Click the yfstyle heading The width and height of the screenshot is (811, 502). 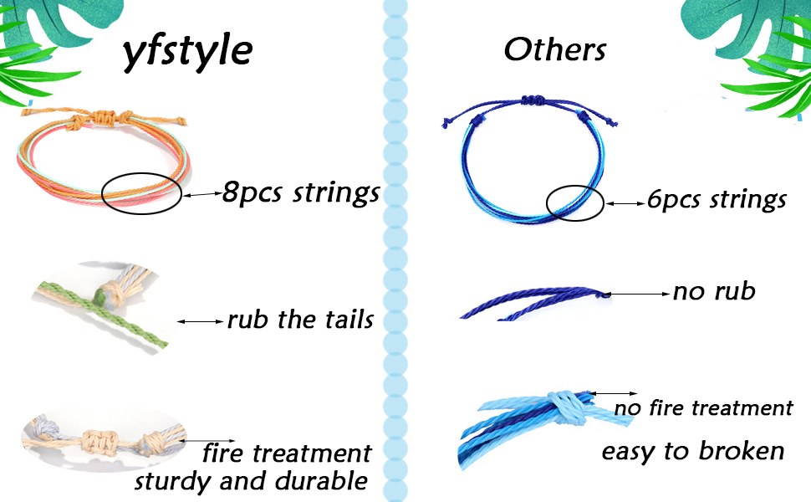(x=187, y=52)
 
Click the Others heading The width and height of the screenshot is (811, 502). (x=554, y=50)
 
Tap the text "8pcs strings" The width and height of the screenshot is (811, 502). (x=301, y=193)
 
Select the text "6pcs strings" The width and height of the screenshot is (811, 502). (x=717, y=201)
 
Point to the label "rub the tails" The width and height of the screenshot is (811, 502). (x=300, y=320)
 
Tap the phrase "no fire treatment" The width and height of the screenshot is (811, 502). (x=703, y=408)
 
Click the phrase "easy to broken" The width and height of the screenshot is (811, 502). (x=693, y=452)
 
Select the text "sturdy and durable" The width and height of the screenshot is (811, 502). (x=251, y=481)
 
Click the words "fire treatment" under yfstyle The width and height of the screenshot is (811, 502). (x=287, y=453)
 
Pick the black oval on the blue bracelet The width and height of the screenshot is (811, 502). (x=575, y=203)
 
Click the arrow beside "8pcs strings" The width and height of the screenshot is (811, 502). (x=201, y=194)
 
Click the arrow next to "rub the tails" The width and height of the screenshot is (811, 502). (x=201, y=320)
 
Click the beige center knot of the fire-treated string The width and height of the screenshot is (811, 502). (x=103, y=438)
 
